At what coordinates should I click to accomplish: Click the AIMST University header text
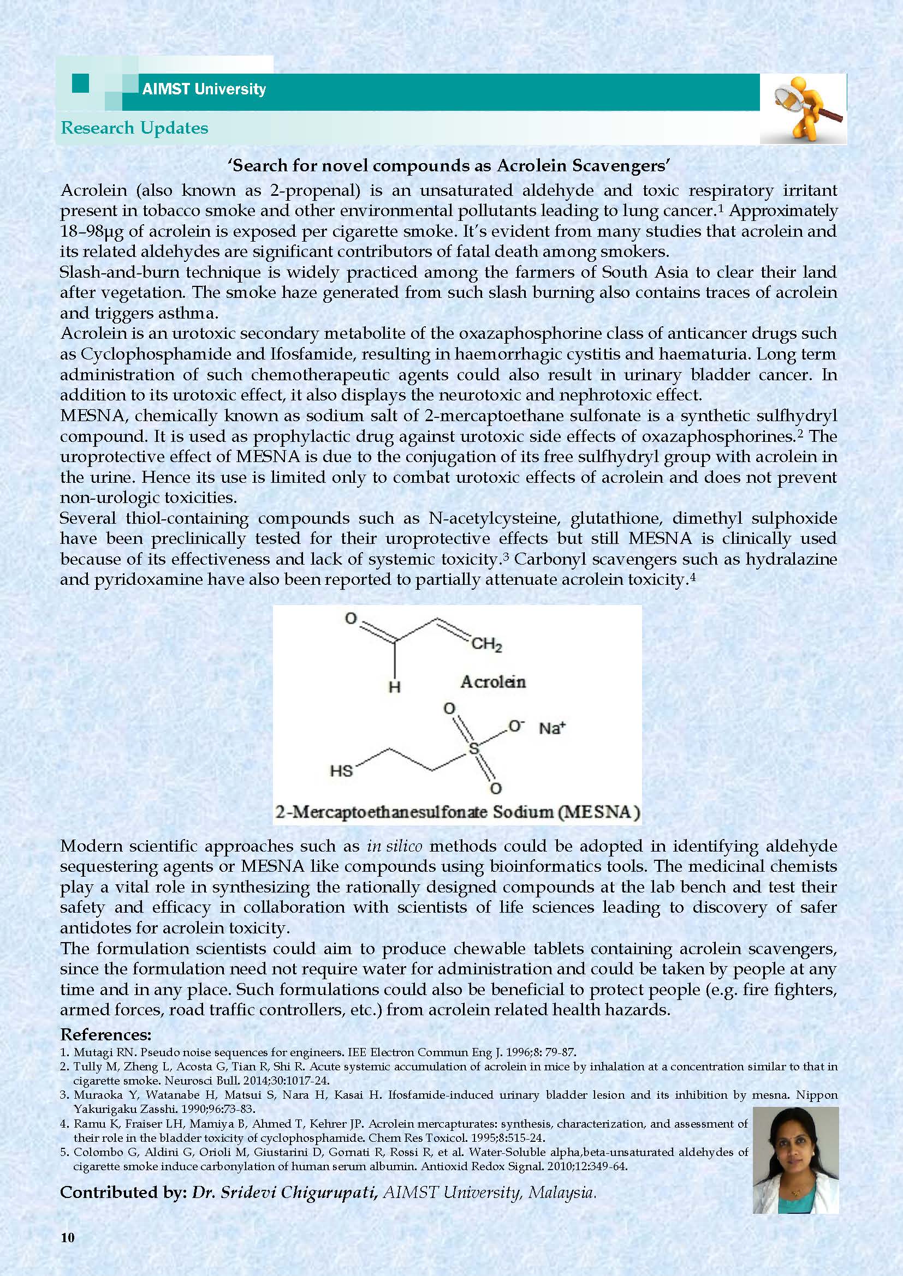(x=204, y=89)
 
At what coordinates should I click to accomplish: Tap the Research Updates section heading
(x=134, y=128)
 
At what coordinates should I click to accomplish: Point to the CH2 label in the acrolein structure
(x=486, y=645)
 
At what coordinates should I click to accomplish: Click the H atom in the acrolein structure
(x=394, y=687)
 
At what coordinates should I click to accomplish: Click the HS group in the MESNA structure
(x=341, y=771)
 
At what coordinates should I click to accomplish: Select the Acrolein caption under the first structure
(x=492, y=682)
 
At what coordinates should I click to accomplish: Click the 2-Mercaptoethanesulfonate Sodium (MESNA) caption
(x=457, y=812)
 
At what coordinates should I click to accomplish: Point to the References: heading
(x=106, y=1034)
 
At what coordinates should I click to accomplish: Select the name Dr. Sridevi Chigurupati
(x=286, y=1193)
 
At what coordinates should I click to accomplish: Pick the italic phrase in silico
(x=394, y=847)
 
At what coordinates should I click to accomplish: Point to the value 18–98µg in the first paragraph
(x=92, y=231)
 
